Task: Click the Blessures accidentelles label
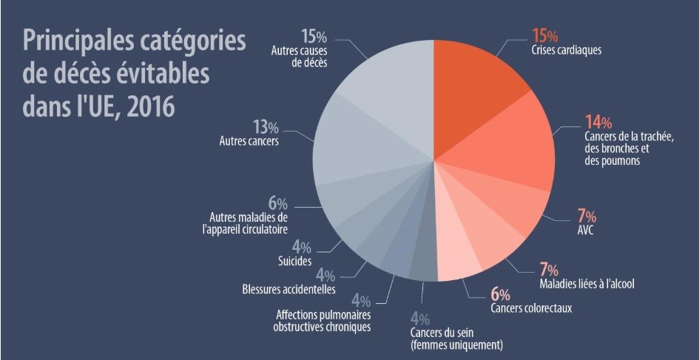[288, 289]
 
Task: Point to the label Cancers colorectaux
[530, 307]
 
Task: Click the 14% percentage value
[597, 122]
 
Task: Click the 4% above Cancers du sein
[419, 319]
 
